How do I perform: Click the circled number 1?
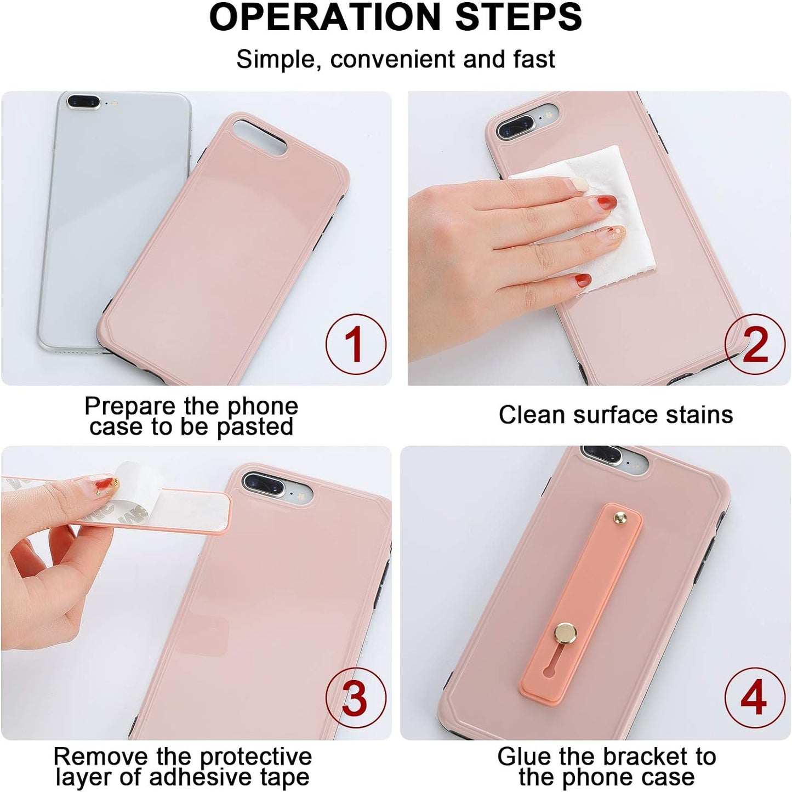click(356, 344)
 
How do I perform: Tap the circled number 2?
click(755, 344)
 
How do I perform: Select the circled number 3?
click(356, 698)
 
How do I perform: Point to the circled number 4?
click(755, 698)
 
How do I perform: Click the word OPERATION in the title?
click(325, 17)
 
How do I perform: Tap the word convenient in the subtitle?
click(392, 59)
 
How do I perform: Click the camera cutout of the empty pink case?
click(260, 137)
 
